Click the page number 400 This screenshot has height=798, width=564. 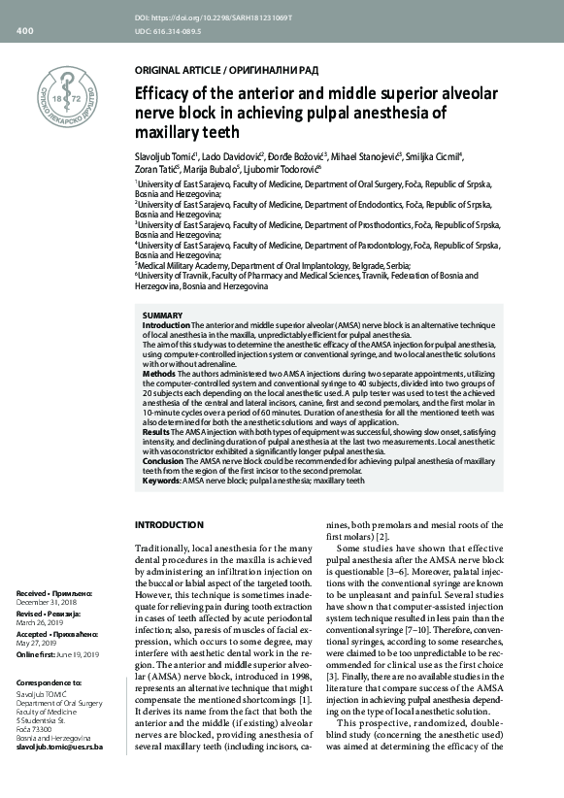[25, 31]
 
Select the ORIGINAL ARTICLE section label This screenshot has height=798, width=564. [175, 72]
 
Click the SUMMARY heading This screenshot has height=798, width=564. [161, 316]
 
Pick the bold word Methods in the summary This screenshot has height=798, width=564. [159, 373]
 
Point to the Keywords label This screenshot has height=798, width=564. [161, 480]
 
